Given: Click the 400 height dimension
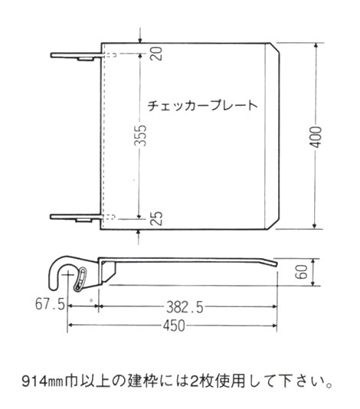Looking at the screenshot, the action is click(316, 137).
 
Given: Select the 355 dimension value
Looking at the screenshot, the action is click(142, 136).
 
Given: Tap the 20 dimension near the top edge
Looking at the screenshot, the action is click(156, 54).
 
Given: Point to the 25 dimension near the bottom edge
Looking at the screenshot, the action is click(156, 218).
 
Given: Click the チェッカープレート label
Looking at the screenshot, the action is click(202, 106).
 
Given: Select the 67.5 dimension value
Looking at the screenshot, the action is click(50, 303).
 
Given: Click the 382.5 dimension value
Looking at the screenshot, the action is click(185, 307).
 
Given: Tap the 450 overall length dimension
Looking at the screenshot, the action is click(174, 326).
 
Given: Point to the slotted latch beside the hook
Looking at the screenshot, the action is click(80, 279).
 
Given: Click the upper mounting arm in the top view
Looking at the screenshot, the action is click(76, 56).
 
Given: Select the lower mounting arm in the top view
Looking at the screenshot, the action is click(76, 218).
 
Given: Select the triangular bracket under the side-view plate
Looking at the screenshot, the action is click(108, 272).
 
